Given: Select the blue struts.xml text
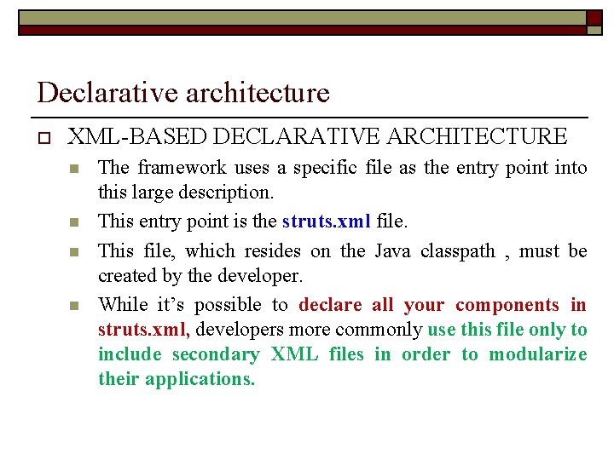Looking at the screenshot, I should [326, 221].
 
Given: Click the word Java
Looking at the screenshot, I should [391, 250].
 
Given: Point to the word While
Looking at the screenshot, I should [123, 305].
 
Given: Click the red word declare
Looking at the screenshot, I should [330, 305].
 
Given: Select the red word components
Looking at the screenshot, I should [507, 305].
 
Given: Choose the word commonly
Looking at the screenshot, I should [379, 330].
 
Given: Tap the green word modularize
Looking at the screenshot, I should [537, 354].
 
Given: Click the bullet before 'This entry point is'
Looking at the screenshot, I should [74, 223].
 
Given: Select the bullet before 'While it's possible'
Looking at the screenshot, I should [74, 306].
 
